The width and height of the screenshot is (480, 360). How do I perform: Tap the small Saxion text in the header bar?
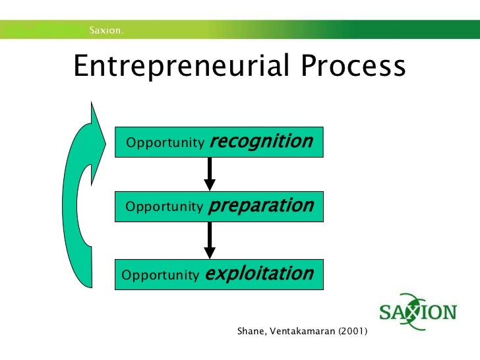pyautogui.click(x=107, y=30)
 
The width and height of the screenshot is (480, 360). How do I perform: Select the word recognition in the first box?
pyautogui.click(x=261, y=141)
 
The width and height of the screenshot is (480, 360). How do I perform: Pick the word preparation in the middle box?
pyautogui.click(x=260, y=206)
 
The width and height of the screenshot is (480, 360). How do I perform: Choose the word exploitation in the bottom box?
pyautogui.click(x=259, y=273)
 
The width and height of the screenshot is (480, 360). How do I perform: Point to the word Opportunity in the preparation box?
pyautogui.click(x=164, y=208)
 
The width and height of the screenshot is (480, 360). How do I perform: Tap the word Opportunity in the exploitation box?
pyautogui.click(x=160, y=275)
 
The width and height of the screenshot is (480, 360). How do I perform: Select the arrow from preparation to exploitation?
pyautogui.click(x=210, y=239)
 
